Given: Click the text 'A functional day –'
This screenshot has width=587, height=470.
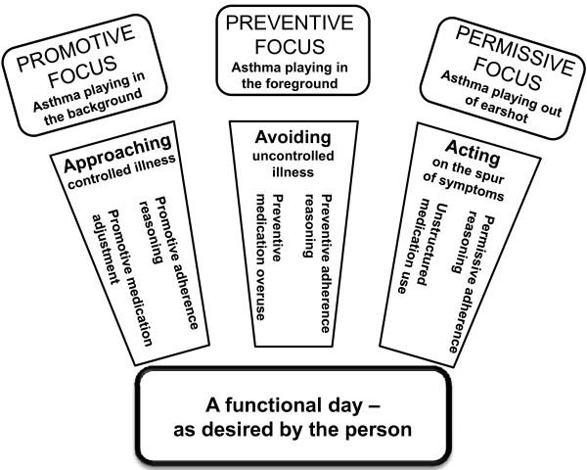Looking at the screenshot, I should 293,407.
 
